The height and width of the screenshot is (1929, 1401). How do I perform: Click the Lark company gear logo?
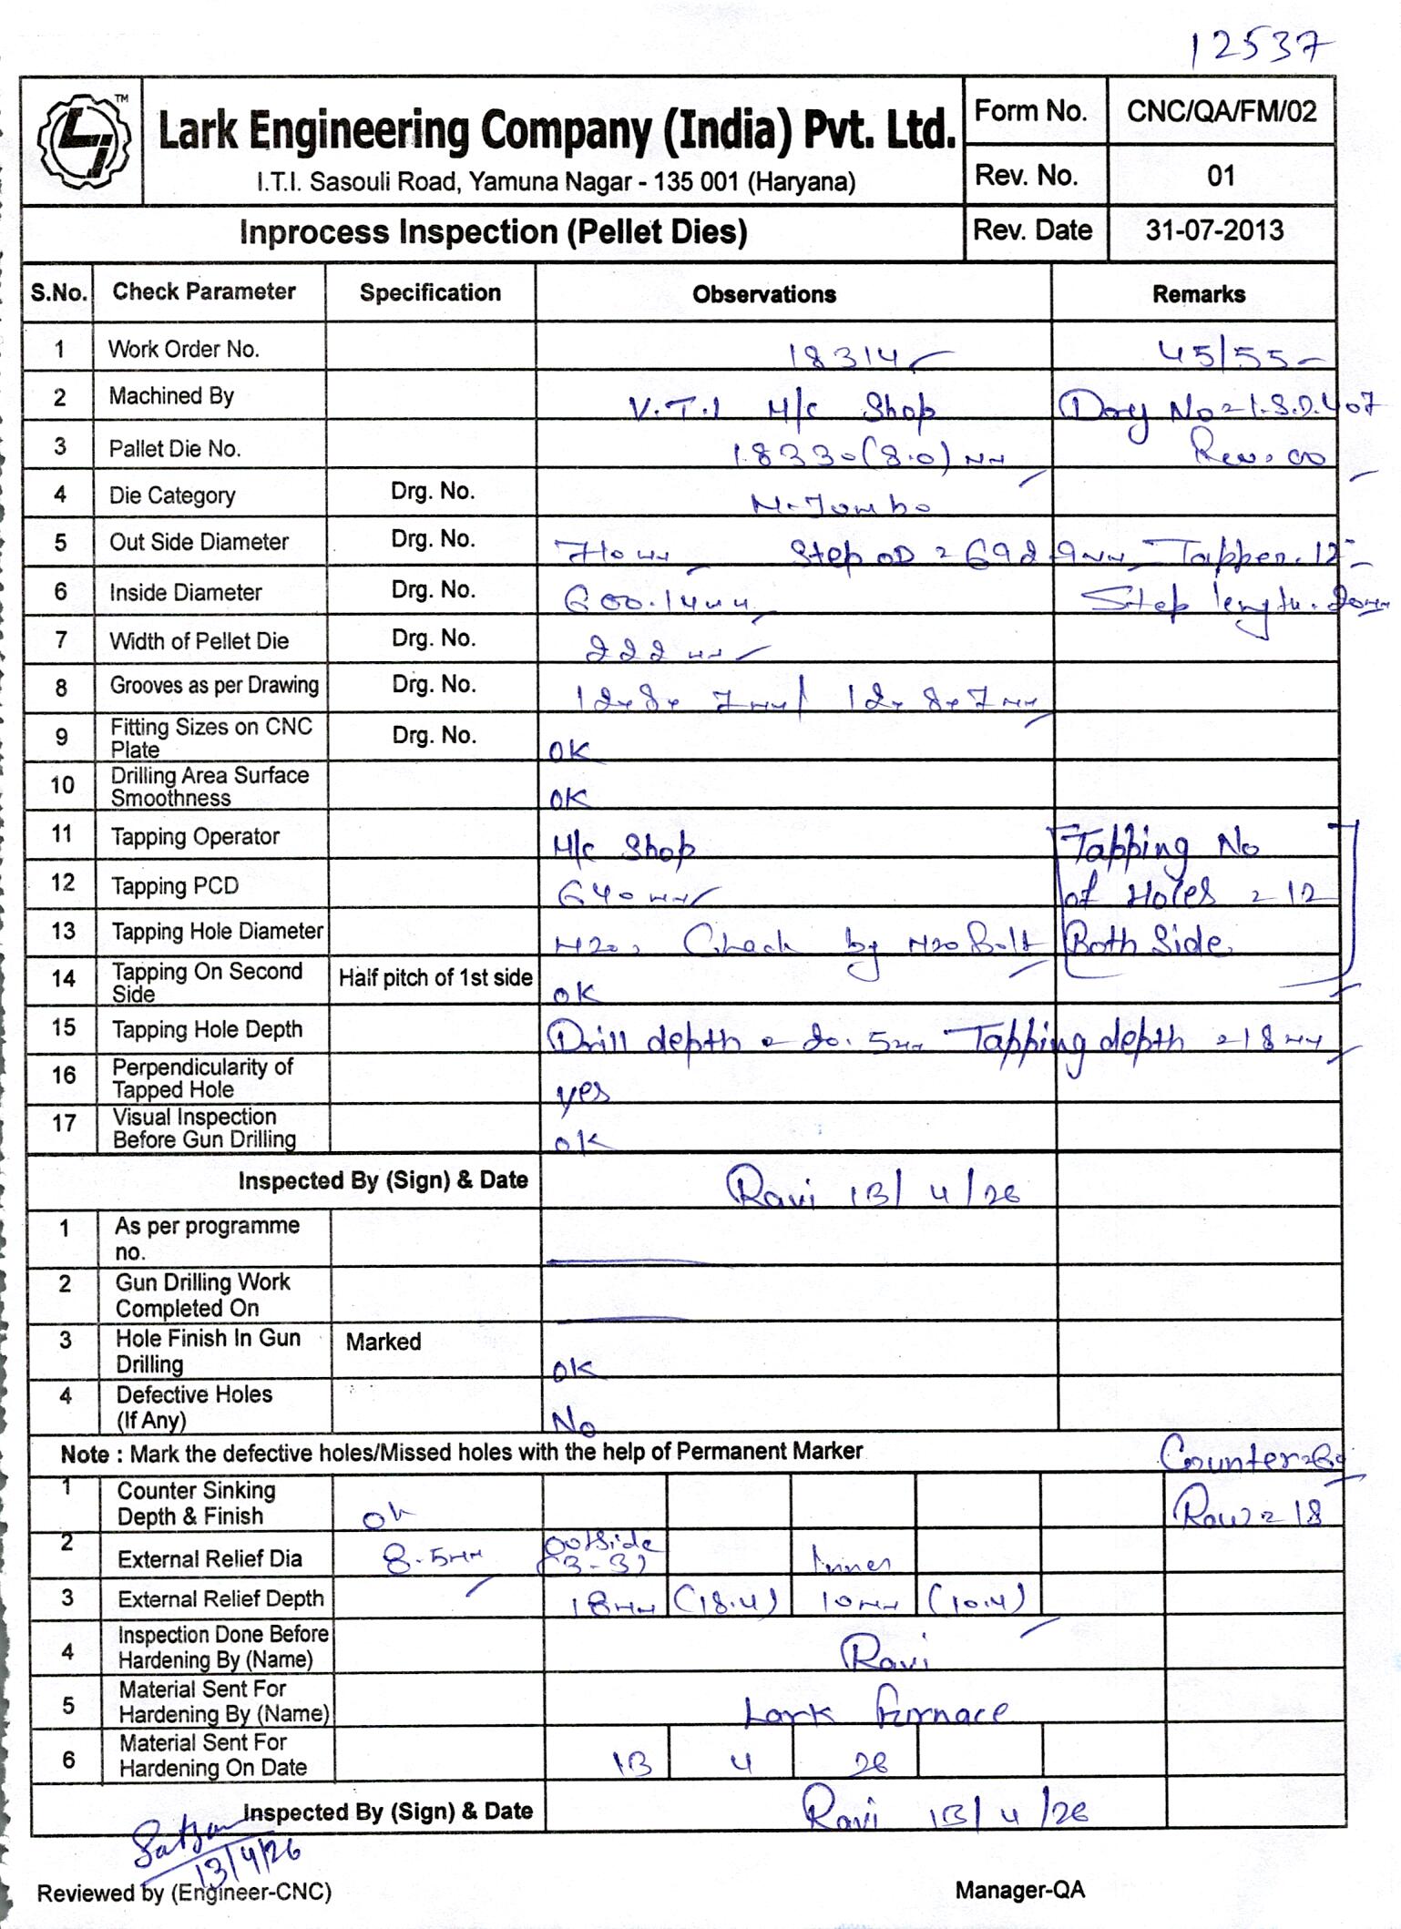click(83, 139)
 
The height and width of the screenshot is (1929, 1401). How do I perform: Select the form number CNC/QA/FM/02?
click(1221, 111)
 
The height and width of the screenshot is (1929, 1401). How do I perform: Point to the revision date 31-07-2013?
click(1214, 230)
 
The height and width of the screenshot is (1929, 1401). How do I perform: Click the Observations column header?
click(763, 294)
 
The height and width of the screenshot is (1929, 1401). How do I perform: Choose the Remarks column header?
click(1198, 294)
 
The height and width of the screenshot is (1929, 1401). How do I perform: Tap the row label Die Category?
click(172, 495)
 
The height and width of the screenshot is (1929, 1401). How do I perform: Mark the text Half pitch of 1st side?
click(435, 978)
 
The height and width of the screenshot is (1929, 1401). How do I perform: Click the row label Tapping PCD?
click(174, 886)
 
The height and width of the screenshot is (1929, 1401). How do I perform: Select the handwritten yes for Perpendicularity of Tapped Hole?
click(582, 1091)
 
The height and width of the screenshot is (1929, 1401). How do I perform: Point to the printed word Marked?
click(383, 1342)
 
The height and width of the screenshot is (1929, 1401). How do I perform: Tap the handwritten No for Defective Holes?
click(574, 1421)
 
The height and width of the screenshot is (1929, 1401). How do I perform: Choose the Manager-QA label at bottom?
click(1019, 1890)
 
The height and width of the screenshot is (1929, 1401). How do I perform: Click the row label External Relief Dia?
click(210, 1558)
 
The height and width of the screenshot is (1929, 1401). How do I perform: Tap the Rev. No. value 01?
click(1221, 176)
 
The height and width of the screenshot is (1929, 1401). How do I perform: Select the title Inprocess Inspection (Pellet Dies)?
click(493, 232)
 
